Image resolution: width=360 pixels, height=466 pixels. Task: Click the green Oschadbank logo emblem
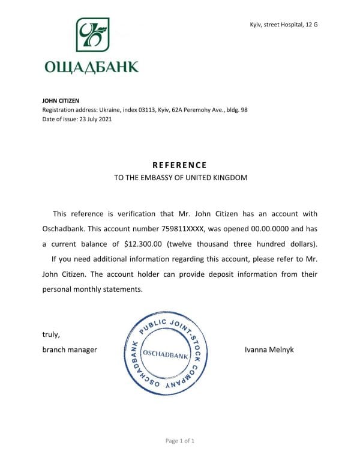click(92, 35)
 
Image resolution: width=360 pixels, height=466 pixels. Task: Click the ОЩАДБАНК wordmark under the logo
click(91, 67)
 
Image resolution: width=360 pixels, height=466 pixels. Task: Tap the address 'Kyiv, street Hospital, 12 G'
click(283, 24)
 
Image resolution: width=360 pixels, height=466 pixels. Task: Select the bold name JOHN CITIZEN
click(61, 101)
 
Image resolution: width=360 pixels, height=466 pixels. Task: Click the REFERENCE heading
click(179, 165)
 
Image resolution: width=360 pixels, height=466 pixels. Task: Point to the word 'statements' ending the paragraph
click(122, 289)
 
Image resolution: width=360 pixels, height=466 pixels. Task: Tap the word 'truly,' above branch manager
click(50, 334)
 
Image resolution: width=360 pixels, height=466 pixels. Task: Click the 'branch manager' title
click(69, 349)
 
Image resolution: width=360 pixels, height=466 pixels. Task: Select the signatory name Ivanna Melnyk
click(269, 349)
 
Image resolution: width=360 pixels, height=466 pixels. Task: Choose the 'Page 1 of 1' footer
click(180, 441)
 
